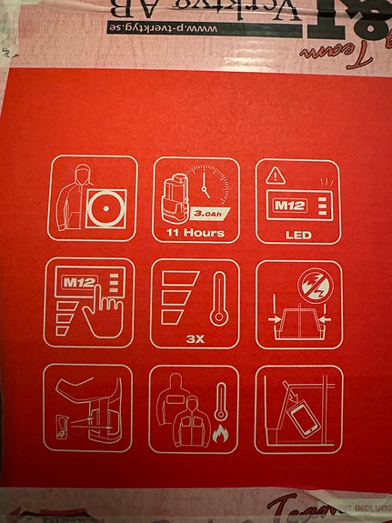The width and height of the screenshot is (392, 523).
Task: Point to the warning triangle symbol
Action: click(x=273, y=174)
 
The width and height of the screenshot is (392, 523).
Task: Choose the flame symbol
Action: click(x=219, y=437)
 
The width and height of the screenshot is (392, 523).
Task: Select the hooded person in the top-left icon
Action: click(x=71, y=196)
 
